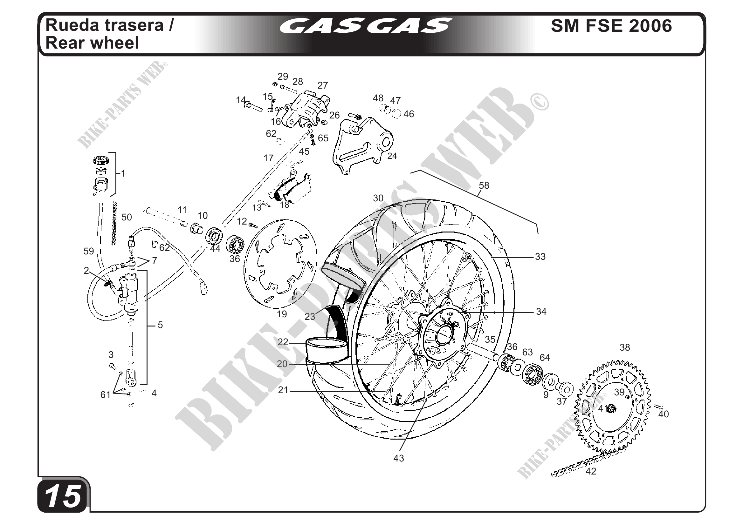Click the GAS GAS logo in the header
click(365, 26)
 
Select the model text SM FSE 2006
click(611, 26)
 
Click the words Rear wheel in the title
click(92, 43)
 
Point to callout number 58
click(484, 185)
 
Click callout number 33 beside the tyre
click(540, 256)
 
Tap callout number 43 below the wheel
click(399, 458)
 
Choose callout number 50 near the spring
click(127, 217)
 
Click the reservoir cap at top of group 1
click(101, 160)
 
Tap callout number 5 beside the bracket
click(160, 325)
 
